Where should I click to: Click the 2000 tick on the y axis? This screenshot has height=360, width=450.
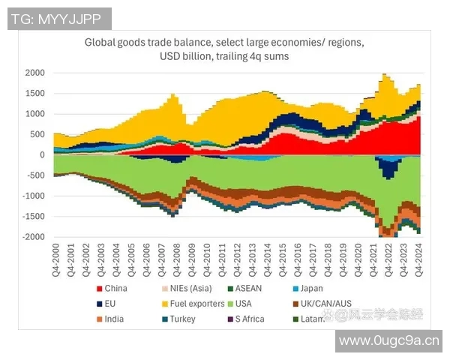coord(34,73)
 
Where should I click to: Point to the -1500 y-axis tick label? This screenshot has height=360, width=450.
coord(32,217)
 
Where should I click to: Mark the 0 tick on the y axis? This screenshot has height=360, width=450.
coord(42,155)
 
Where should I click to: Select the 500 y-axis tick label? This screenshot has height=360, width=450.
coord(37,135)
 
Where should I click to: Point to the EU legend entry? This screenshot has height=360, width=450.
coord(110,304)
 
